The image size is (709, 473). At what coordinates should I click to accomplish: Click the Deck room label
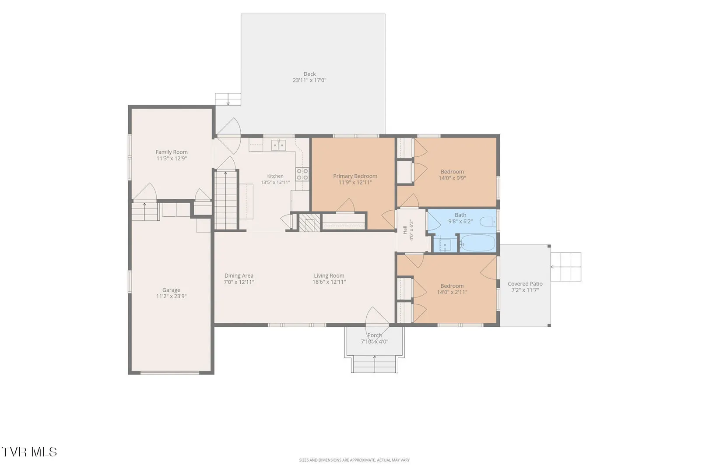click(309, 74)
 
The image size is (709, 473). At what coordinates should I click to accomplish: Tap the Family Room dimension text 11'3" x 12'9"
click(172, 159)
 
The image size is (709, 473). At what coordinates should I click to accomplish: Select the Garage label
click(171, 290)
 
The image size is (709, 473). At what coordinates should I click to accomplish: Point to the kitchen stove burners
click(302, 174)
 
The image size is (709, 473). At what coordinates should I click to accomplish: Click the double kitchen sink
click(278, 145)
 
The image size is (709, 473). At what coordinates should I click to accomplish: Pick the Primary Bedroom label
click(355, 176)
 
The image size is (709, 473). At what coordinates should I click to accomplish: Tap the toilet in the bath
click(488, 221)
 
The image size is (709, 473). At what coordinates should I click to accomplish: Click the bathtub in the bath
click(477, 243)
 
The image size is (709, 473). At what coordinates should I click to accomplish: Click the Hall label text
click(405, 230)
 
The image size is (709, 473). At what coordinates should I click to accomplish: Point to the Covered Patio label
click(525, 284)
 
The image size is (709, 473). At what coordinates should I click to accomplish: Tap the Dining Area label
click(239, 275)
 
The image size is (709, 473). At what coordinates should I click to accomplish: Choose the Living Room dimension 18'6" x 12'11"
click(329, 282)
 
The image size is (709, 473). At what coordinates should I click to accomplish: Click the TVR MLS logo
click(29, 452)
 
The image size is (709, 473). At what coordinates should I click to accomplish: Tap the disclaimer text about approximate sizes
click(354, 460)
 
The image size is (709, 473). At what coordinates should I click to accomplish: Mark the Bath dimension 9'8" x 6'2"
click(460, 221)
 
